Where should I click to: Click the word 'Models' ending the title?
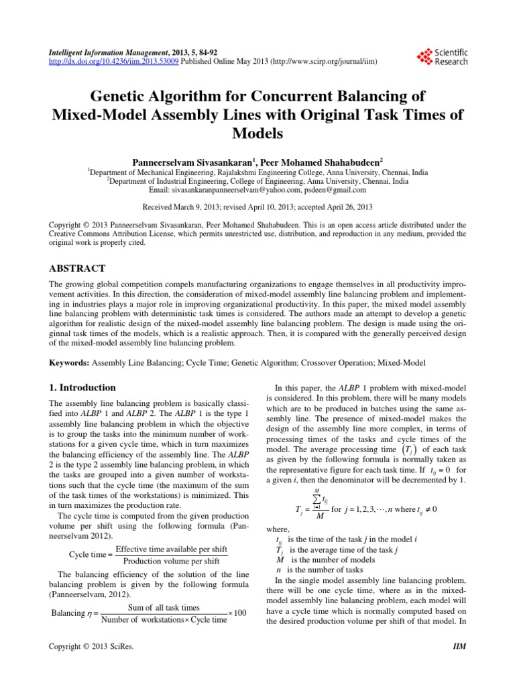click(x=257, y=133)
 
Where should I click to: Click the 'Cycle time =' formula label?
click(x=91, y=556)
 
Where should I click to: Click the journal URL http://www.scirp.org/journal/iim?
click(x=324, y=60)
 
